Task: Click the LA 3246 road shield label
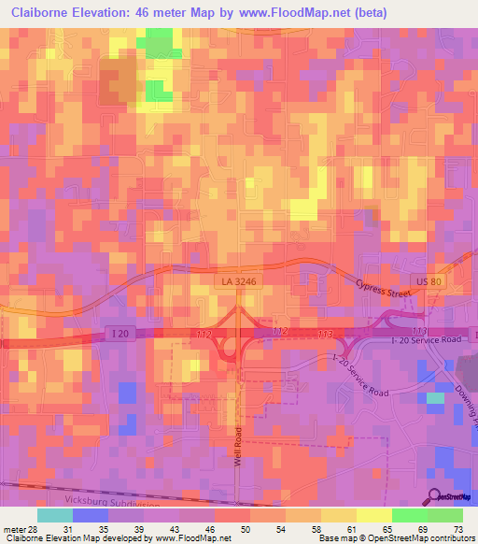pos(237,280)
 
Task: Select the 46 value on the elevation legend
pos(211,529)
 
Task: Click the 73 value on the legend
pos(458,529)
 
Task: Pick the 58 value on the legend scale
pos(317,529)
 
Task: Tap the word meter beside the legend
pos(14,529)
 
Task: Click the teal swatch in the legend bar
pos(54,515)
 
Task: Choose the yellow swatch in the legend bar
pos(373,515)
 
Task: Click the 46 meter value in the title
pos(163,13)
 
